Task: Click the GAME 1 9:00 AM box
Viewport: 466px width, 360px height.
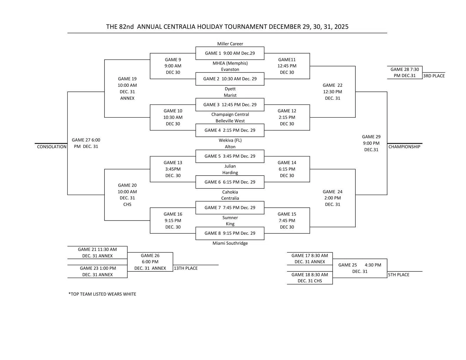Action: (x=230, y=53)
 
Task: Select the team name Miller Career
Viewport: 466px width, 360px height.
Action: (x=230, y=44)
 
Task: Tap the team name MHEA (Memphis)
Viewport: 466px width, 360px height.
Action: (x=230, y=63)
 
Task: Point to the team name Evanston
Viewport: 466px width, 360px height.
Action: (x=230, y=69)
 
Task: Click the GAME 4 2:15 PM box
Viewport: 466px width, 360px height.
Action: (x=230, y=130)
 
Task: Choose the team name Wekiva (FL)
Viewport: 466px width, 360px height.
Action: (x=230, y=140)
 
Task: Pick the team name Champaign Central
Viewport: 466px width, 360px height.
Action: (x=230, y=114)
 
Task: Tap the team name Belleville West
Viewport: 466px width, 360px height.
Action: (x=230, y=121)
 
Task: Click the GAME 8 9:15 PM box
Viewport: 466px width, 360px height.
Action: (x=230, y=233)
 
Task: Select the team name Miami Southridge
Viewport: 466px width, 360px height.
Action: (x=230, y=243)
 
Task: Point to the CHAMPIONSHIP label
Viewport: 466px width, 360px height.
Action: (x=404, y=147)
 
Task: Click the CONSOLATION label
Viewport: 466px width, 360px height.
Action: (x=52, y=147)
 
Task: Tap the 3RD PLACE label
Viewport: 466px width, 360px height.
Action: (x=434, y=76)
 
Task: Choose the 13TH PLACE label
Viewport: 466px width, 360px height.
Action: (x=186, y=268)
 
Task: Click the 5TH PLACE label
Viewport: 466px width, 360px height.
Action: (x=399, y=275)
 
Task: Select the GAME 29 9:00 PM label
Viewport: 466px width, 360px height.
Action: (x=371, y=143)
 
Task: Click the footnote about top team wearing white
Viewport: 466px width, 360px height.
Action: (x=102, y=294)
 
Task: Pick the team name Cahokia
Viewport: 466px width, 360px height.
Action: (x=230, y=192)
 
